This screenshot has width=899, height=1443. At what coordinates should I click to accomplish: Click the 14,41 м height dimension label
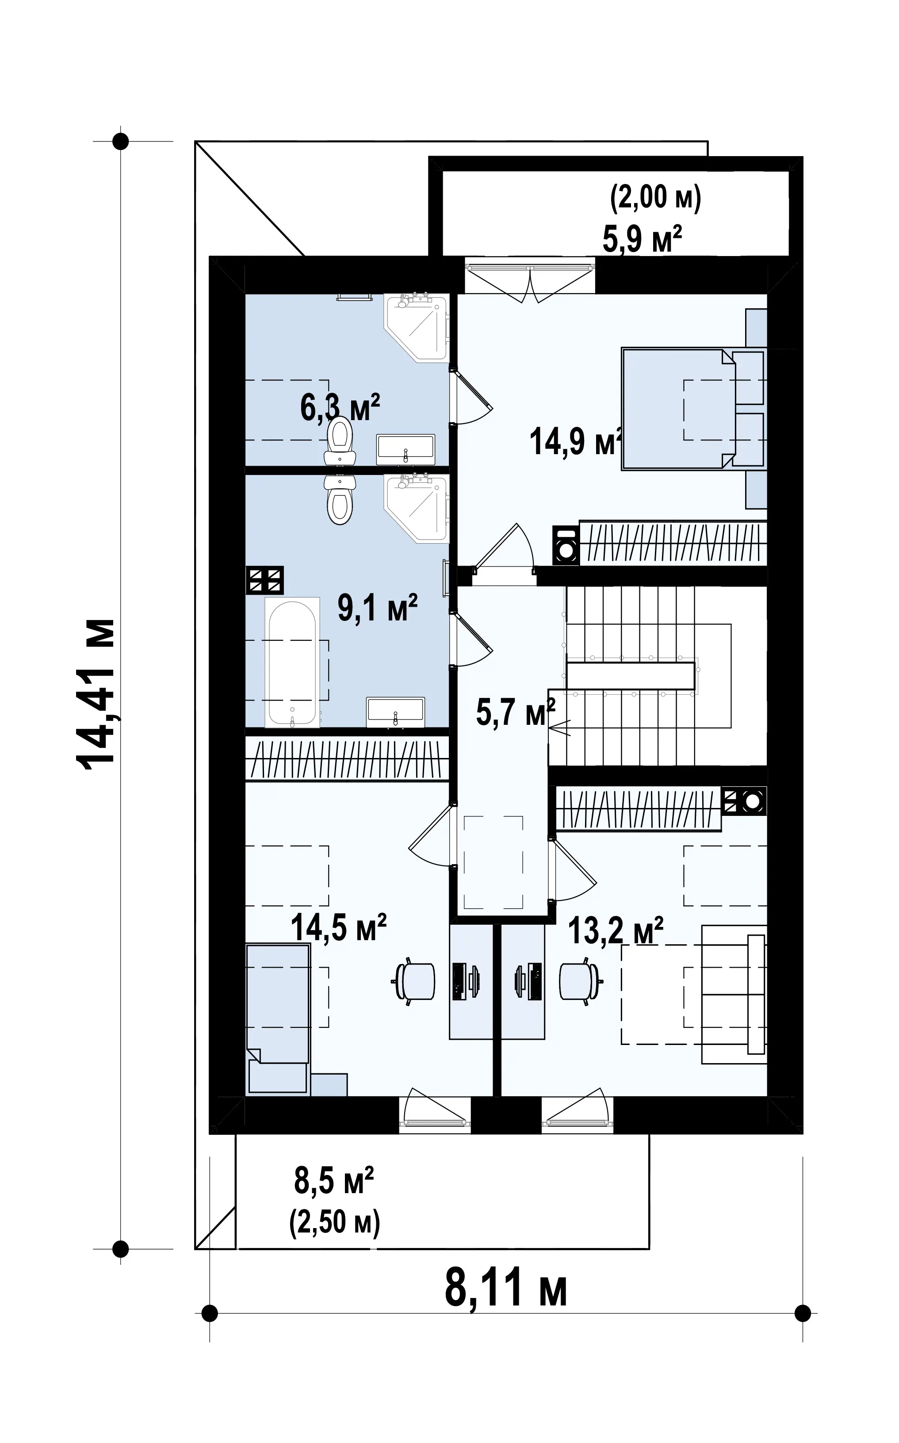(95, 694)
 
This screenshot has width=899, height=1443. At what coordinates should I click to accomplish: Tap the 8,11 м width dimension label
(505, 1286)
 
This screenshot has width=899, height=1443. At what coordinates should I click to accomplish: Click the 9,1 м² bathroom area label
(378, 607)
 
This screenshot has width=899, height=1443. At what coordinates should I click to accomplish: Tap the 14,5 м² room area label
(338, 927)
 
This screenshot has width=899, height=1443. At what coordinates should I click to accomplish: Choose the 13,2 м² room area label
(616, 930)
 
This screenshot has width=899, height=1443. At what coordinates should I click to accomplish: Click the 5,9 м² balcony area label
(642, 238)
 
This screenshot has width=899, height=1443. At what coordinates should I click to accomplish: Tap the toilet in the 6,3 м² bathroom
(340, 440)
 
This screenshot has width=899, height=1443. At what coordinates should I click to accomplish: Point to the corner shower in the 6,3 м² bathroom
(416, 328)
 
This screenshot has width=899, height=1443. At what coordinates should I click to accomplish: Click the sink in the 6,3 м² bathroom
(406, 449)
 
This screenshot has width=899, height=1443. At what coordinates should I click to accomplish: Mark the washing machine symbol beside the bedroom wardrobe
(566, 544)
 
